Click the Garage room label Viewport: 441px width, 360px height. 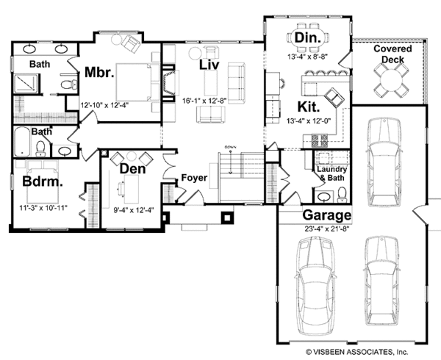[326, 216]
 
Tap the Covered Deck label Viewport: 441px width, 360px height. [392, 54]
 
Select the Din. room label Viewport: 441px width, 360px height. [306, 37]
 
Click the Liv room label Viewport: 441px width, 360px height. [208, 65]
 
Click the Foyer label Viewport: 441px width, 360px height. [194, 178]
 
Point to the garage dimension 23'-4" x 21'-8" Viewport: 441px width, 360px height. [326, 228]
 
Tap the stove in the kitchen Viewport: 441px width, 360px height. [320, 139]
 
